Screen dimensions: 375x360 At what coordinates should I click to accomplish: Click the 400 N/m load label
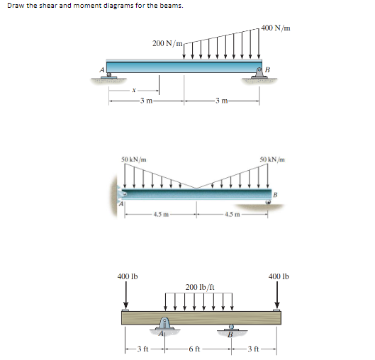276,28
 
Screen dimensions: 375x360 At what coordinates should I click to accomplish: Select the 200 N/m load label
167,43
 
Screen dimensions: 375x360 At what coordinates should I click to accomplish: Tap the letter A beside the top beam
102,69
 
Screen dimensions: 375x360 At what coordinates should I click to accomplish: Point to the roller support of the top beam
109,76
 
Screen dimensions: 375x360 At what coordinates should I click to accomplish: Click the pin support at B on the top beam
259,73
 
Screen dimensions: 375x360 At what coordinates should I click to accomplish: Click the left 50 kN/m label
134,159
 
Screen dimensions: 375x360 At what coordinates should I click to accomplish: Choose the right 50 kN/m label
272,159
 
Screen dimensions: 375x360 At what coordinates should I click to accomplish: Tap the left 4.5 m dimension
161,215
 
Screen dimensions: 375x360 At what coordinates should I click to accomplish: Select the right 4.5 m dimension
233,215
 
